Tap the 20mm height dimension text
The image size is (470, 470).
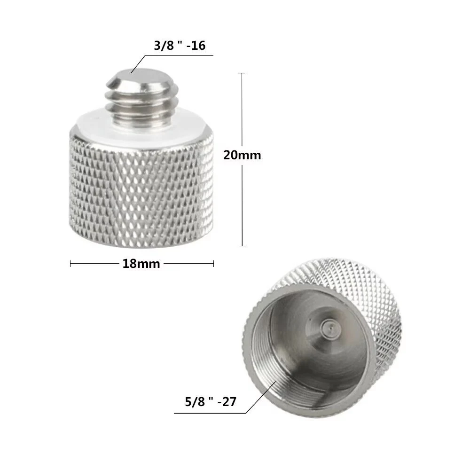[x=242, y=155]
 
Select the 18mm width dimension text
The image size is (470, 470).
[x=141, y=264]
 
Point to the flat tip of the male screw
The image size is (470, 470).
[x=141, y=76]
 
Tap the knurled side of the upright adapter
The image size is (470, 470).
[x=141, y=188]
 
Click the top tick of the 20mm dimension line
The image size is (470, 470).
[x=242, y=73]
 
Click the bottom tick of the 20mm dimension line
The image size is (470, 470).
[x=242, y=246]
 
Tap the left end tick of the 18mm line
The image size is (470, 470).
[x=70, y=264]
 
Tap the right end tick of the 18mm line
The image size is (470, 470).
[x=214, y=264]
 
